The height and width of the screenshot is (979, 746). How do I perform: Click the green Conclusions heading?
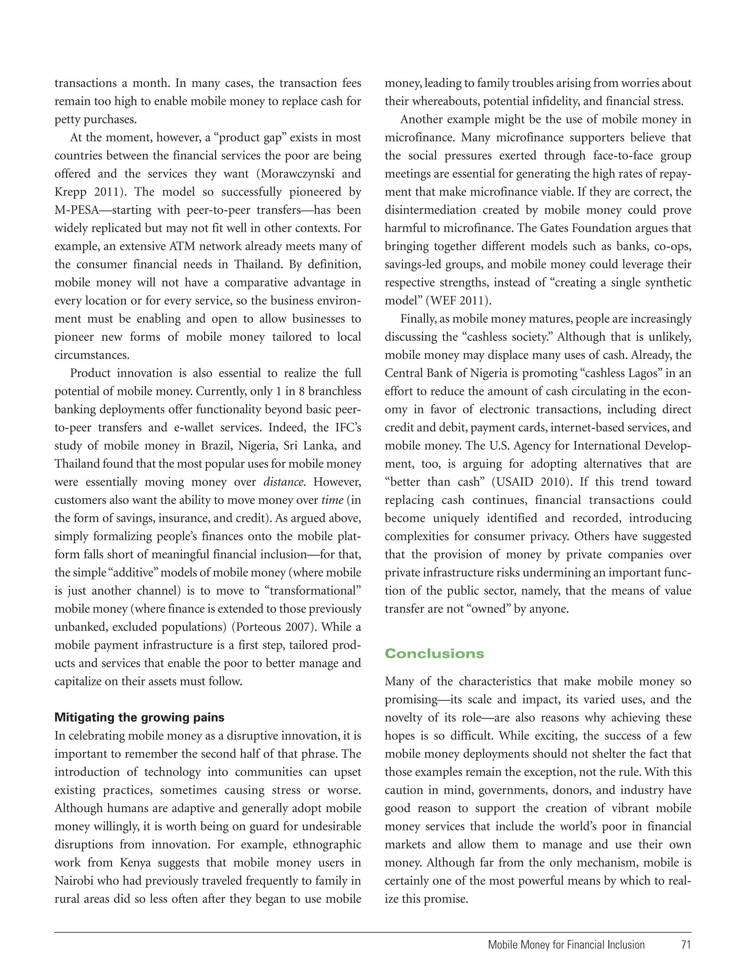click(x=434, y=653)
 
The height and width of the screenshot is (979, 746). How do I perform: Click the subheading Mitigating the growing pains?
click(x=139, y=717)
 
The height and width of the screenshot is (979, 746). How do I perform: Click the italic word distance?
click(x=284, y=482)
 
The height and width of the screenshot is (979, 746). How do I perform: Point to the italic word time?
click(x=332, y=500)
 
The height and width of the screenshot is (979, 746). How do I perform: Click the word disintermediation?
click(x=430, y=210)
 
